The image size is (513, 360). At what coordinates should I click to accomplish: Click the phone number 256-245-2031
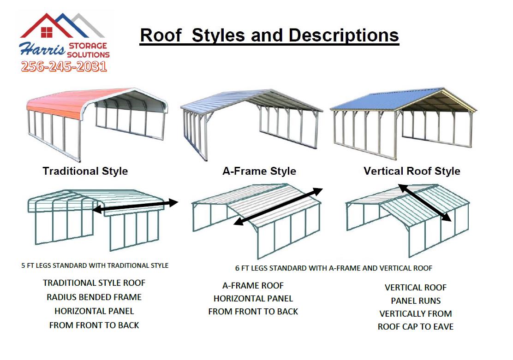click(x=64, y=66)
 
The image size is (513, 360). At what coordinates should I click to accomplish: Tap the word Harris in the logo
click(x=42, y=49)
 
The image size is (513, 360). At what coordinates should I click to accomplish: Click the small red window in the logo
click(x=47, y=32)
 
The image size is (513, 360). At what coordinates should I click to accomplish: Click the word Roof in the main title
click(x=161, y=35)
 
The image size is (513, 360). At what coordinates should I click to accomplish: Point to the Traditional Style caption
click(x=85, y=171)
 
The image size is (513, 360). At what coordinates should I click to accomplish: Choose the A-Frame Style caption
click(x=259, y=171)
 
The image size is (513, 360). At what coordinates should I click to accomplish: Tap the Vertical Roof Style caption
click(x=412, y=171)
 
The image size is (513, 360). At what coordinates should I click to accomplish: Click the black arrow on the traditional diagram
click(x=136, y=206)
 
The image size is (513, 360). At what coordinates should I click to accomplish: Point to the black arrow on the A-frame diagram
click(x=279, y=207)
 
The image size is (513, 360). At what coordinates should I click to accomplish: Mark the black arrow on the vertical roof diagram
click(x=425, y=203)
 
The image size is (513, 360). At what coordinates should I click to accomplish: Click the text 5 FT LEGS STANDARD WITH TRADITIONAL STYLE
click(x=95, y=266)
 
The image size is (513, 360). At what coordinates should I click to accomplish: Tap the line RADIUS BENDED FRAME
click(x=94, y=297)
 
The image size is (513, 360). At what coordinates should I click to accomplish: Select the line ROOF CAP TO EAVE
click(x=416, y=327)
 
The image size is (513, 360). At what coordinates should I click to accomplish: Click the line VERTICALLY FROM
click(x=416, y=313)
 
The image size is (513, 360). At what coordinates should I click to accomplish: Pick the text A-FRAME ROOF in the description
click(x=253, y=285)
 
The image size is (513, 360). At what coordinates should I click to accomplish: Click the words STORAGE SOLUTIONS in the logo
click(x=88, y=50)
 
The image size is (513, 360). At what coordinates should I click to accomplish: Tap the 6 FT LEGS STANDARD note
click(x=334, y=268)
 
